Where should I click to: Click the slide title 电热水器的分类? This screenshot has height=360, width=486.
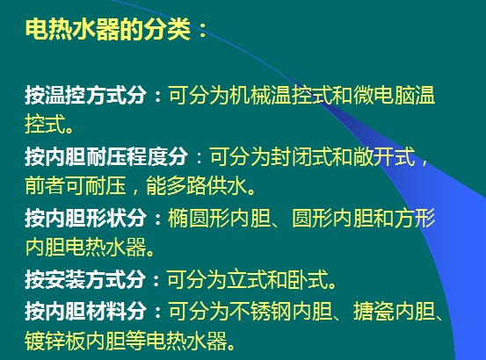point(107,29)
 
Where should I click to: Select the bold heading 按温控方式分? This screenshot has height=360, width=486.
point(86,95)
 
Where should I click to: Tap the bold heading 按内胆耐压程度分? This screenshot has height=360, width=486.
point(106,156)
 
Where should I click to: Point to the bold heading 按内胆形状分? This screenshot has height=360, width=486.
point(86,218)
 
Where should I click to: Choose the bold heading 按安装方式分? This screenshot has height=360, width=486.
point(85,279)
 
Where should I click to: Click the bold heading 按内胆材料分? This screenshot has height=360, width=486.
point(86,311)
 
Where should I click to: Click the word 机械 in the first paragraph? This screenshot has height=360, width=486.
point(250,95)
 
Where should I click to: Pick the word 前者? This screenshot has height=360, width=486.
point(45,185)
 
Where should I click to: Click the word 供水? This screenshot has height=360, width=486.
point(228,185)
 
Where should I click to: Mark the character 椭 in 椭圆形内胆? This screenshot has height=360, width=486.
point(178,218)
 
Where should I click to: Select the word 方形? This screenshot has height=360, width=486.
point(415,218)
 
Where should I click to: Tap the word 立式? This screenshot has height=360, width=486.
point(247,279)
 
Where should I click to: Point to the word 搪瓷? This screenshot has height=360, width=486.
point(374,311)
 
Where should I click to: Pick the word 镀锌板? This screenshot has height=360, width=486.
point(55,341)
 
